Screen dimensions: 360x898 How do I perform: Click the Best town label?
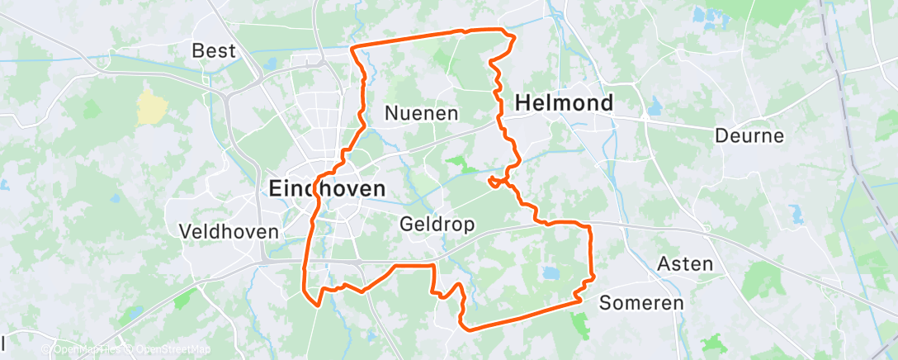click(213, 51)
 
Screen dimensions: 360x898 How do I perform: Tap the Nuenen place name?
click(422, 113)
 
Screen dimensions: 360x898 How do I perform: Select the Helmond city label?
click(565, 103)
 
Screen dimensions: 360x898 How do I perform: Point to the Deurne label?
click(749, 135)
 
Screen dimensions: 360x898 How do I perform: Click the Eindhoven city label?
click(327, 189)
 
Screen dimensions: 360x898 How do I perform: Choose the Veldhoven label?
click(229, 232)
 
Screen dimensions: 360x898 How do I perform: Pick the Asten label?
click(684, 264)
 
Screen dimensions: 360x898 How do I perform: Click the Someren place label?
click(641, 303)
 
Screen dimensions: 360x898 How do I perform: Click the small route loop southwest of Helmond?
click(497, 182)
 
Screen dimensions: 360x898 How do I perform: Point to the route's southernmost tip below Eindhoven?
click(317, 304)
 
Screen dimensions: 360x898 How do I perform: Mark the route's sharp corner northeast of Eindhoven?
click(353, 50)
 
